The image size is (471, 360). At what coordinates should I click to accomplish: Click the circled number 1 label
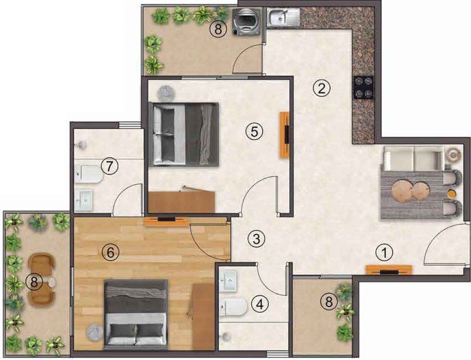[385, 253]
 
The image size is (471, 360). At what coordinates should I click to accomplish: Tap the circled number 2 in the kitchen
[321, 89]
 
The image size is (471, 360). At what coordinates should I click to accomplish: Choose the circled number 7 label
[109, 165]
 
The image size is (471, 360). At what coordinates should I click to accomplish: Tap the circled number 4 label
[261, 304]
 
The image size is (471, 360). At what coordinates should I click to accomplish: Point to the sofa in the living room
[412, 158]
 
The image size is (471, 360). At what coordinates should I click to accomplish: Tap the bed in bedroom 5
[184, 135]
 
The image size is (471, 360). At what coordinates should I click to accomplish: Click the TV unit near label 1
[389, 270]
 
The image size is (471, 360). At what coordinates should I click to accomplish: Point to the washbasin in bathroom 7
[85, 200]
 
